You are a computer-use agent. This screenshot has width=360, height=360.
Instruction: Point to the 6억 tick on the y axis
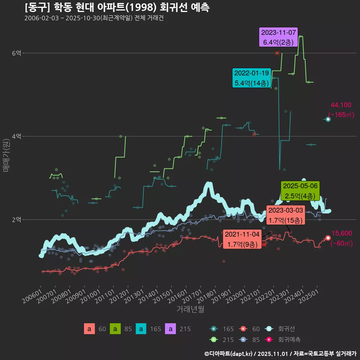click(x=16, y=53)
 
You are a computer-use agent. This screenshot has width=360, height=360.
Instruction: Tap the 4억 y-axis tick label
click(x=16, y=136)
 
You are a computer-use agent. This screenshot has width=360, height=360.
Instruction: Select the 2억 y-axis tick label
click(x=16, y=220)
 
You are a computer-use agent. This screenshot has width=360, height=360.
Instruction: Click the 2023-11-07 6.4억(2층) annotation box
click(x=279, y=37)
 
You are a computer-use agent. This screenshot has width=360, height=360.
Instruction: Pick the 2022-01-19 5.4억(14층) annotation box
click(x=251, y=78)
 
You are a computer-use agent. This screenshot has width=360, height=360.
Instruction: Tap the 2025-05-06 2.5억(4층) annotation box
click(x=300, y=190)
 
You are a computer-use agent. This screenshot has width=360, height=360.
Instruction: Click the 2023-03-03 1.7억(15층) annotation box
click(x=285, y=215)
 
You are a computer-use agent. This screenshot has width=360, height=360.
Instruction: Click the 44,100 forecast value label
click(x=341, y=105)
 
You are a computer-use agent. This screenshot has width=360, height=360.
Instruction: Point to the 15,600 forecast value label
click(x=342, y=233)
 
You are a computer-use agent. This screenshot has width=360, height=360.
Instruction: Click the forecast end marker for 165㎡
click(x=328, y=119)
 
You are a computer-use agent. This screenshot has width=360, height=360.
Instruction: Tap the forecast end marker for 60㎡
click(x=328, y=238)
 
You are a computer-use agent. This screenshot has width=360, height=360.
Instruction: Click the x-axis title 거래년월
click(x=190, y=309)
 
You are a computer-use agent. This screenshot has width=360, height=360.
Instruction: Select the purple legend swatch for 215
click(x=171, y=329)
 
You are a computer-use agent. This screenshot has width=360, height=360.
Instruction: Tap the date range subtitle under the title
click(x=94, y=18)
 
